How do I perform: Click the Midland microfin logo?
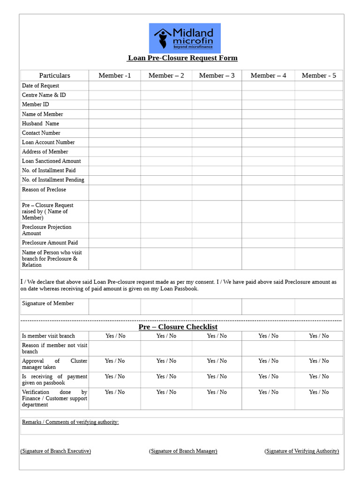185,38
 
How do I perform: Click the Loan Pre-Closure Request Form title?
182,58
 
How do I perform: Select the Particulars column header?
54,75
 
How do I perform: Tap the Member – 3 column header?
217,75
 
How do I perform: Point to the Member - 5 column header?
319,75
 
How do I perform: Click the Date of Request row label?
40,86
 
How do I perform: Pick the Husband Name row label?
40,124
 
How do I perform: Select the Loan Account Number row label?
48,142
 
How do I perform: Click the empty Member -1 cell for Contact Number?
114,133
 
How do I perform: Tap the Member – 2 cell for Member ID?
166,105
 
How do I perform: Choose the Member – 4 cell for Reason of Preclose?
268,193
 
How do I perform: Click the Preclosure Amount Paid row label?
50,243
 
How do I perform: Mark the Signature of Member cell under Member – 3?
217,307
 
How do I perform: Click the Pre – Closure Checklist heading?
178,327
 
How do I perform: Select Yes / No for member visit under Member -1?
115,336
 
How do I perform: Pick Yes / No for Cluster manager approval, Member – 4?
269,361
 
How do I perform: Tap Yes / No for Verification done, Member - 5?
319,392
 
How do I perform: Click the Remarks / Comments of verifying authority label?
70,422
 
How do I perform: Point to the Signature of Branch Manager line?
183,451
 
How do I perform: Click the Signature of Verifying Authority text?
302,451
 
